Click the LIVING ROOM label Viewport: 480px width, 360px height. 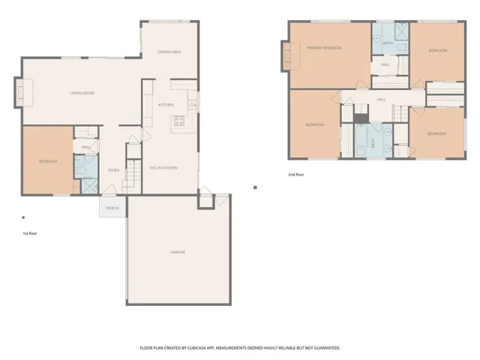pyautogui.click(x=82, y=93)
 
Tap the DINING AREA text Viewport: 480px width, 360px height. pyautogui.click(x=170, y=52)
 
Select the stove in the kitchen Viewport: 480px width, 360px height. pyautogui.click(x=180, y=120)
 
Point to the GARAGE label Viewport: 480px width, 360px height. pyautogui.click(x=178, y=252)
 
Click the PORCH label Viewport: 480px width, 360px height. pyautogui.click(x=112, y=208)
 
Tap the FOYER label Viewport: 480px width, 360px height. pyautogui.click(x=113, y=170)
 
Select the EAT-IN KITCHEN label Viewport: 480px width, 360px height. pyautogui.click(x=163, y=168)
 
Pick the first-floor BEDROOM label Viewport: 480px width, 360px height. pyautogui.click(x=48, y=161)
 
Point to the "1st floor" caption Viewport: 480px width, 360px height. pyautogui.click(x=30, y=233)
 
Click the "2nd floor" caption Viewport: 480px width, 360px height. pyautogui.click(x=296, y=175)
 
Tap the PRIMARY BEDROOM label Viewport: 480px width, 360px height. pyautogui.click(x=324, y=48)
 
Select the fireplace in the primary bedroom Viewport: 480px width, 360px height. pyautogui.click(x=286, y=55)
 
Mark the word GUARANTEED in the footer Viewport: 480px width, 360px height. pyautogui.click(x=325, y=348)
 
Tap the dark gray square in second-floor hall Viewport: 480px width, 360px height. pyautogui.click(x=361, y=117)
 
